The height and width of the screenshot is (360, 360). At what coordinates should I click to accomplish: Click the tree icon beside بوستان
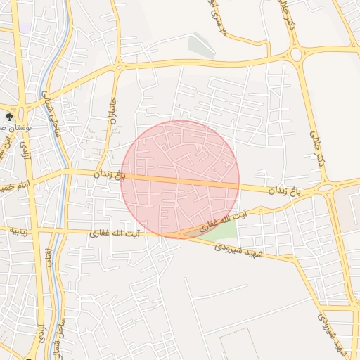coord(9,117)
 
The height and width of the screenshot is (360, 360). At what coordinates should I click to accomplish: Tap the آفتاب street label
coord(49,257)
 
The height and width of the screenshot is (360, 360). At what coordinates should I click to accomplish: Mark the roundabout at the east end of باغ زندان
coord(325,188)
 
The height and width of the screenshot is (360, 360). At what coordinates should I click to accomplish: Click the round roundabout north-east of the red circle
coord(296,54)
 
